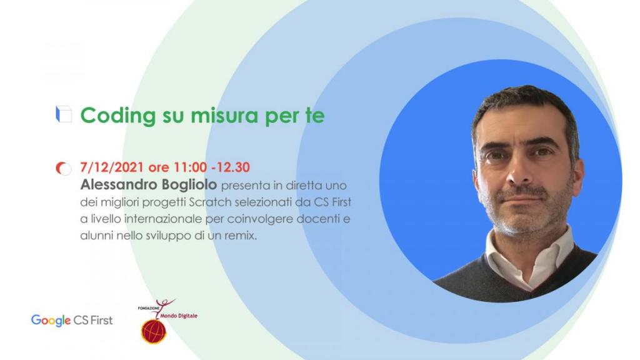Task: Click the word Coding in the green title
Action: (x=118, y=116)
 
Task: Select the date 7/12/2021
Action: (x=112, y=167)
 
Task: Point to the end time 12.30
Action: (x=233, y=167)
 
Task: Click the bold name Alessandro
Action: (x=119, y=185)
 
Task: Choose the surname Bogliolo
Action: (x=189, y=185)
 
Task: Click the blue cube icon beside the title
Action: (x=64, y=114)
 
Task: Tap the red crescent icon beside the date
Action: (x=63, y=168)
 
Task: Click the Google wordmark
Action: (x=51, y=321)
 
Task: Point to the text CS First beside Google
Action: (x=93, y=321)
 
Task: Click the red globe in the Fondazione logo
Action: (x=154, y=331)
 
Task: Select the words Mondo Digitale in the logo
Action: (x=179, y=316)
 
